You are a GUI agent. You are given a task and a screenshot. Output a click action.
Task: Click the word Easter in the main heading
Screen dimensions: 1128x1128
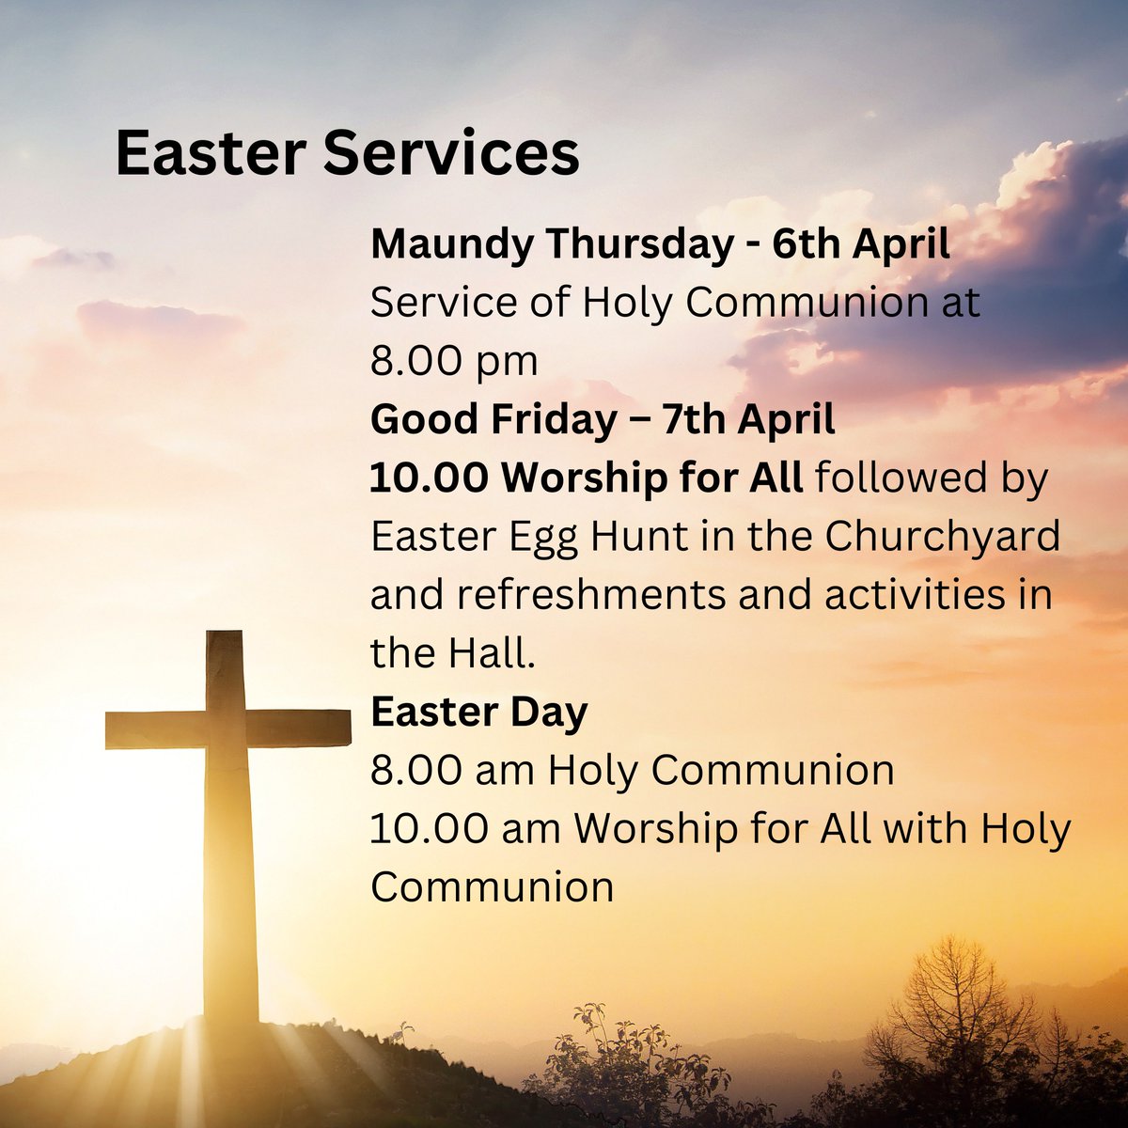click(x=208, y=153)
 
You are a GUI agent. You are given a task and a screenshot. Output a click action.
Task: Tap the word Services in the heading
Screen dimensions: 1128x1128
click(x=451, y=153)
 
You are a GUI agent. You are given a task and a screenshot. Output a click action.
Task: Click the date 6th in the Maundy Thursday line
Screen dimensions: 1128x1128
click(x=807, y=246)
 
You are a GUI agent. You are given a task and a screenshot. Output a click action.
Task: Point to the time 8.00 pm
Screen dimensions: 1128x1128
click(x=454, y=362)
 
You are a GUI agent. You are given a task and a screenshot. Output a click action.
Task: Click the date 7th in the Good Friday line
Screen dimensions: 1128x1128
click(x=690, y=420)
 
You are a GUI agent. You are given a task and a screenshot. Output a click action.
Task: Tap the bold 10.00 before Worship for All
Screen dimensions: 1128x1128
click(x=429, y=478)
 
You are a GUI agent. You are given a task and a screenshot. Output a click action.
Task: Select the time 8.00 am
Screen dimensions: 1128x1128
click(x=452, y=771)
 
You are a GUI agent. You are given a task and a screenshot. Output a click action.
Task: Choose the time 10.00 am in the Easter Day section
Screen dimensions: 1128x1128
click(x=465, y=829)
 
